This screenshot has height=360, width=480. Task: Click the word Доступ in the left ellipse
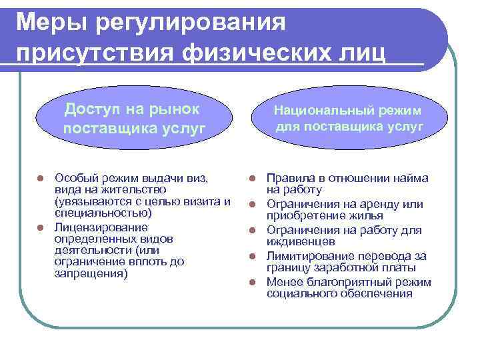[91, 108]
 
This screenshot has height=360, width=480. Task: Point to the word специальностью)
[103, 213]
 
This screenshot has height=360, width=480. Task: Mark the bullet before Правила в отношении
[253, 179]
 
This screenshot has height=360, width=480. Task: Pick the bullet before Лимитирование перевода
[253, 256]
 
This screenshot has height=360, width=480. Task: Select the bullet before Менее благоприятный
[253, 281]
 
